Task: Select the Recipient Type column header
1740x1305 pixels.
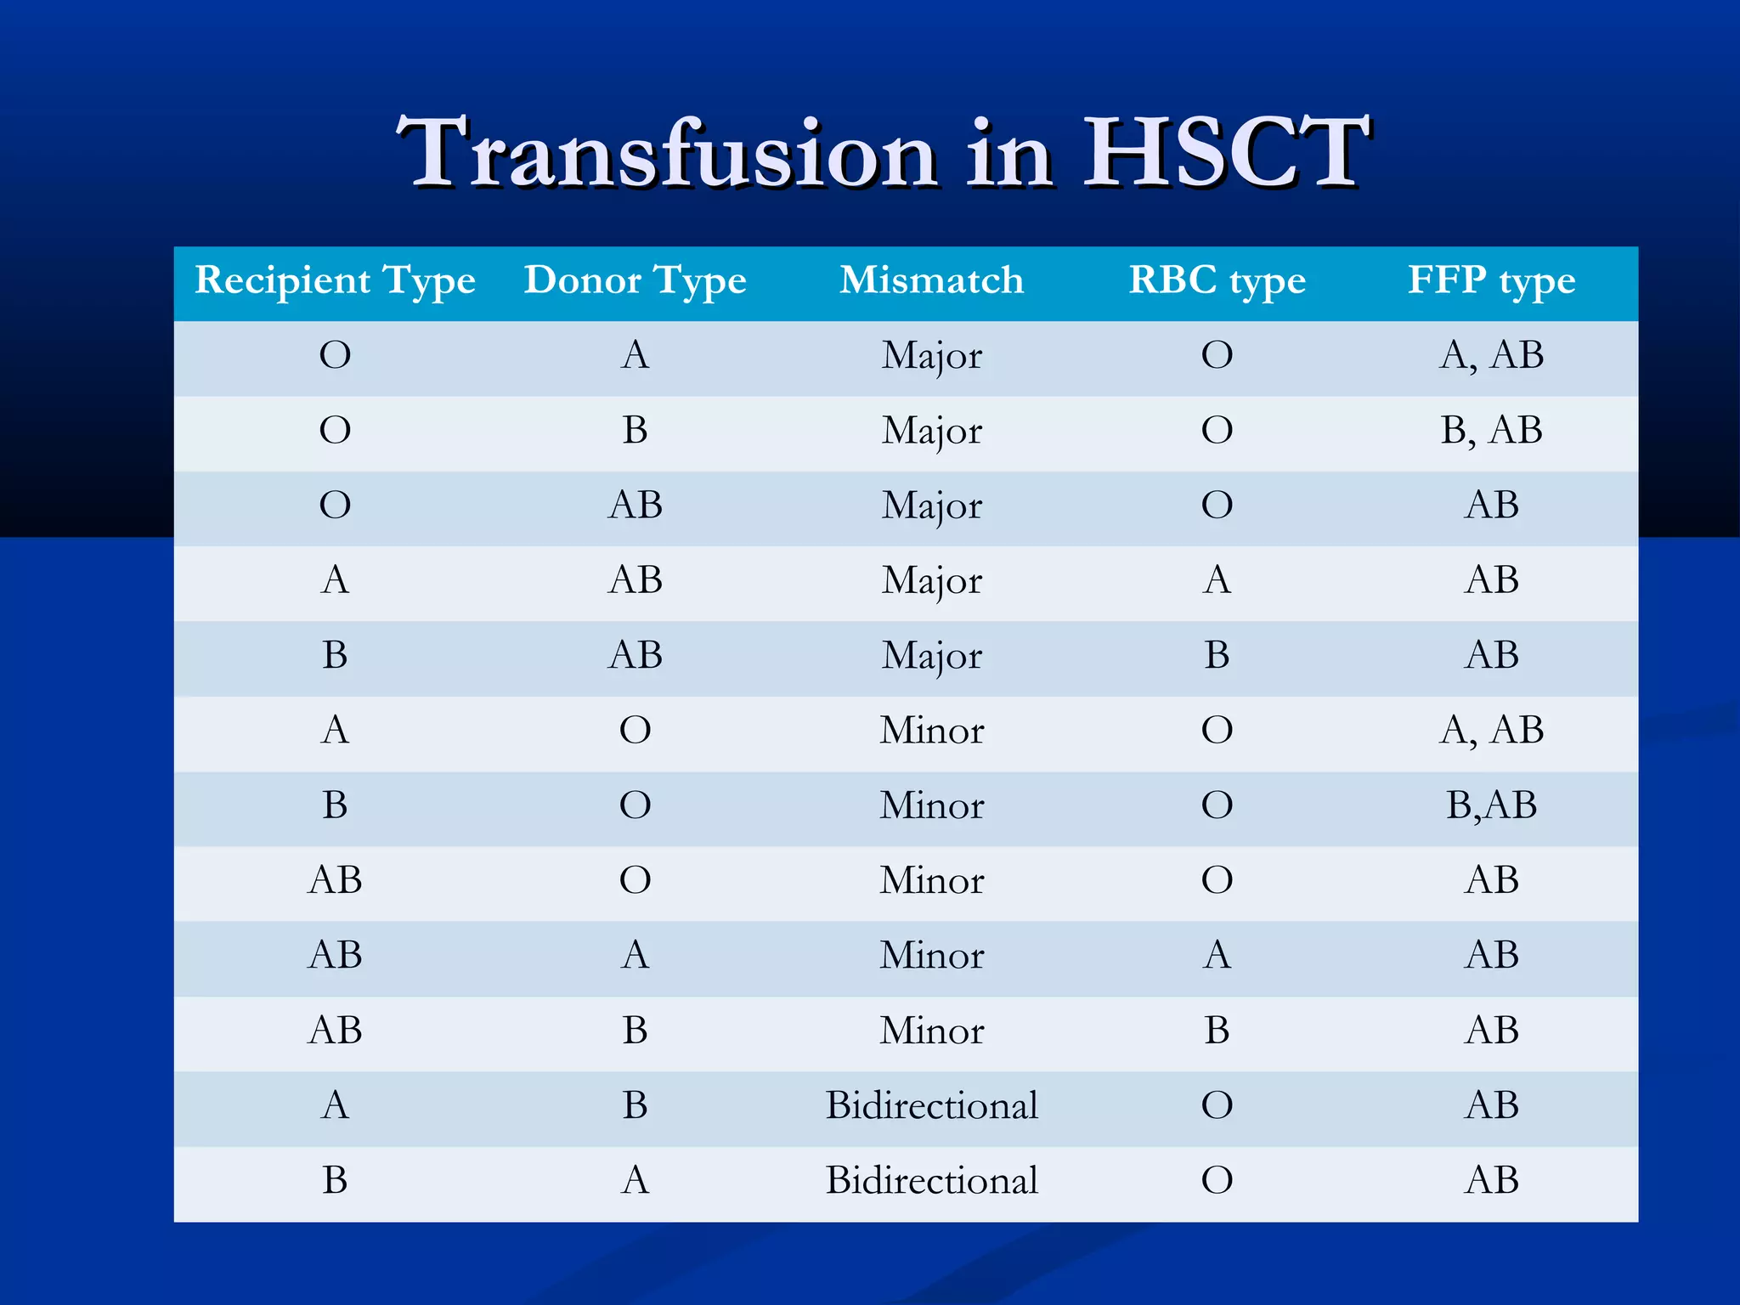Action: pos(335,280)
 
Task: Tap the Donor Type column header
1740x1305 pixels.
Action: pos(635,280)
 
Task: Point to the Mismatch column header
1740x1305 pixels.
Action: pos(931,280)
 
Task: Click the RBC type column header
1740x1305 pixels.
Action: pos(1217,280)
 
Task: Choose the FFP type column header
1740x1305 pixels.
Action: pos(1491,280)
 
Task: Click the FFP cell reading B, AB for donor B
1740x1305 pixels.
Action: pos(1491,430)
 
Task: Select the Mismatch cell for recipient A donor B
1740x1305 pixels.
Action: pos(931,1105)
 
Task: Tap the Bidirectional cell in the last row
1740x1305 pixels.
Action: pos(931,1180)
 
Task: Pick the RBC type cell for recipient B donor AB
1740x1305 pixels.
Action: pos(1217,655)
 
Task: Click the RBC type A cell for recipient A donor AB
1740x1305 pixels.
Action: pos(1217,580)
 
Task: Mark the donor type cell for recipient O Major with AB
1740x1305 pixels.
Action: pos(635,505)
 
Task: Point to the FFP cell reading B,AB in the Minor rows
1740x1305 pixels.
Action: pos(1491,805)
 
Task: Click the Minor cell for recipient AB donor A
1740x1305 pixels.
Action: pos(931,955)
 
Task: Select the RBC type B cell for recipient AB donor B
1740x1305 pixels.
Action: pos(1217,1030)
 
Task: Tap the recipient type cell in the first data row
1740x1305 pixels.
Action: pos(335,355)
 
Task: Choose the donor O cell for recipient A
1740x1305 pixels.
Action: pos(635,730)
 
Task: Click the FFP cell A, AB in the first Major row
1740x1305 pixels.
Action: pos(1491,355)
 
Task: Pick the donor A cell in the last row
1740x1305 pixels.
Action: pos(635,1180)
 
